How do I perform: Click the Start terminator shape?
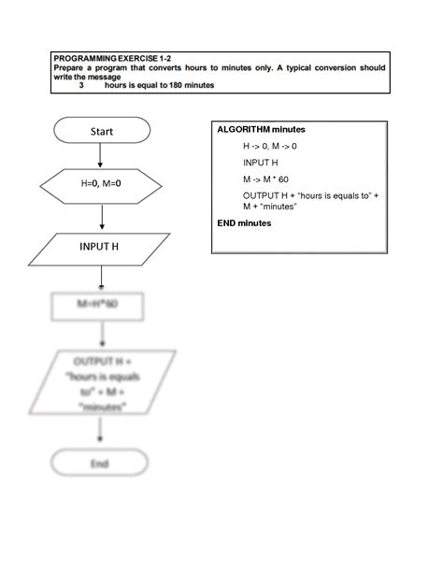point(102,131)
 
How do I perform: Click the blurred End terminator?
point(99,463)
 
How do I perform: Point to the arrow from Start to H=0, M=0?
point(101,155)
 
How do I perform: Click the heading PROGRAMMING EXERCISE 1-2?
point(110,59)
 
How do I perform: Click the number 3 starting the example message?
point(80,85)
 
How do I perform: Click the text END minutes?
point(244,223)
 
